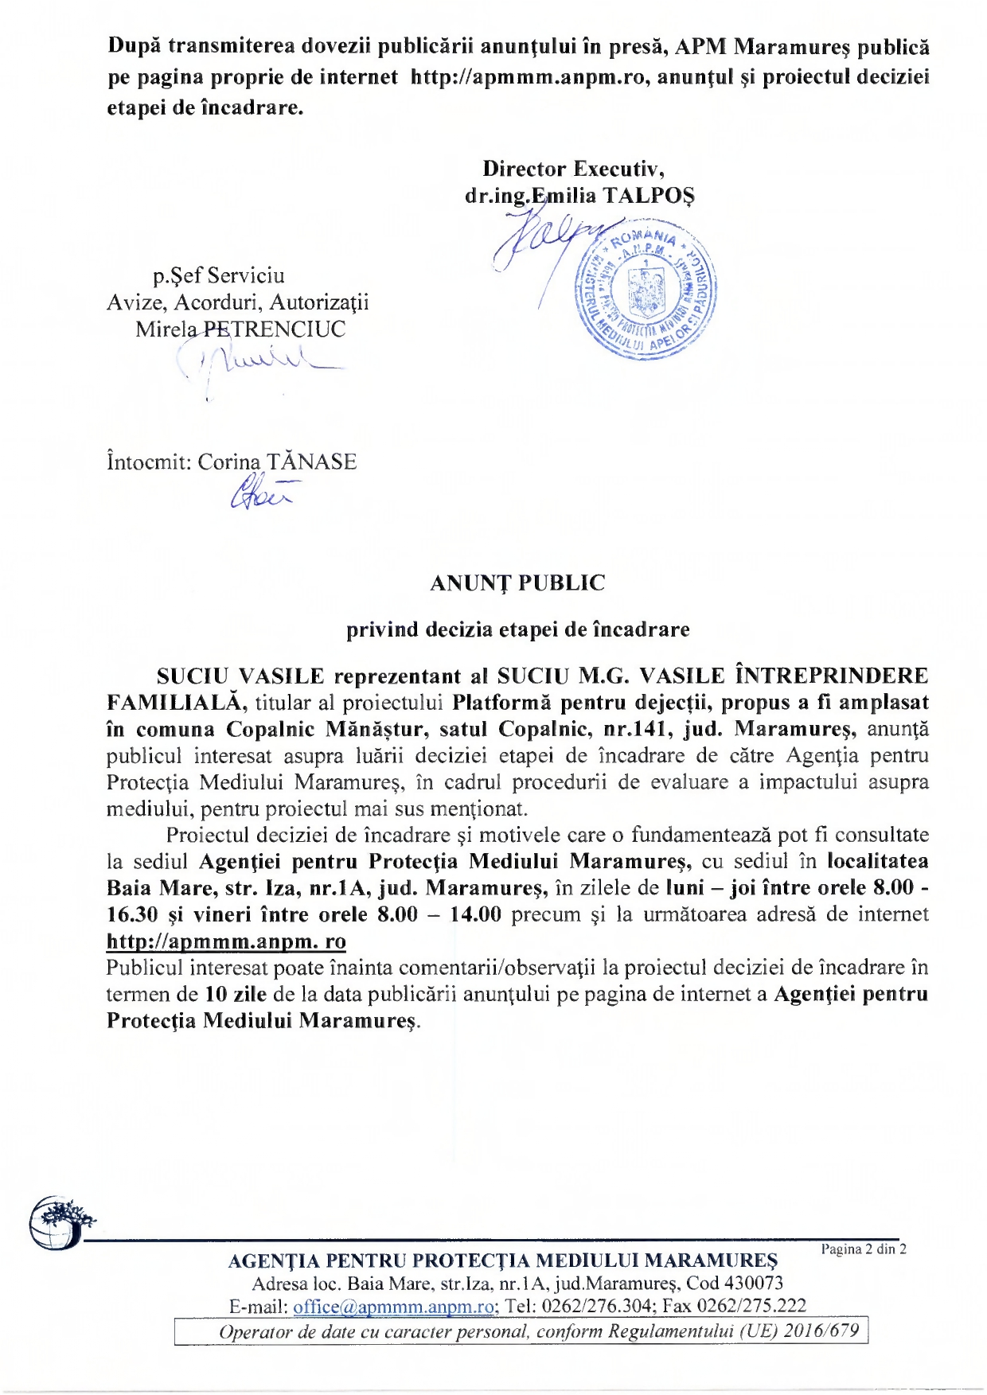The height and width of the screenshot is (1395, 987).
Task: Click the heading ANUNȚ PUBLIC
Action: [517, 583]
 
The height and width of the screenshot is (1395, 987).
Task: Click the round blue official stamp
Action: [646, 291]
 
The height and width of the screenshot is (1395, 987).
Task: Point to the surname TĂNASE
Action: [311, 462]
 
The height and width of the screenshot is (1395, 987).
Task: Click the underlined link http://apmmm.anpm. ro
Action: [226, 941]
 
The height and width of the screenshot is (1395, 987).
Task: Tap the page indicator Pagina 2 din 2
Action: [864, 1249]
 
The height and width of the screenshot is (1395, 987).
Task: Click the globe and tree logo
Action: [60, 1223]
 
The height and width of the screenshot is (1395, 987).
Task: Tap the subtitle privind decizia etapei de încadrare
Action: [517, 629]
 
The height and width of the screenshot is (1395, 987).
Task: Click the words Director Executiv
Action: [573, 169]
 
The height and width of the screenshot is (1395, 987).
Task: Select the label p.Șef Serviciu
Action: [219, 276]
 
